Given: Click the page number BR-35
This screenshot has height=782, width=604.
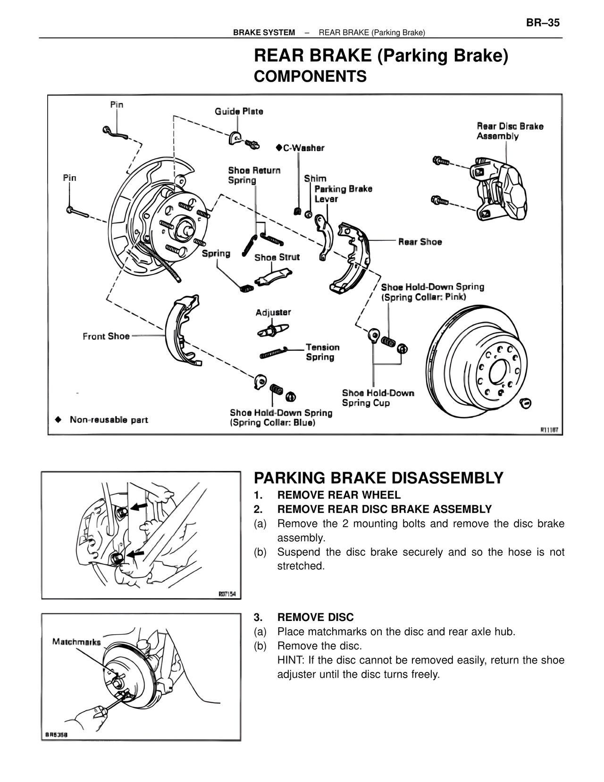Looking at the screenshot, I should [543, 23].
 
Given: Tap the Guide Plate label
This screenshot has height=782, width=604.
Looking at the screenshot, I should [239, 111].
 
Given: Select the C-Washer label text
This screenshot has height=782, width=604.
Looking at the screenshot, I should [303, 148].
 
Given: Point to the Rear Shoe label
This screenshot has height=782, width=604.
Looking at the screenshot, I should [420, 242].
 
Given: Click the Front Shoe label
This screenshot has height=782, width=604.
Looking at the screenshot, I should [106, 336].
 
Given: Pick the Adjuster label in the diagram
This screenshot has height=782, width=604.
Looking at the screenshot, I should [273, 312].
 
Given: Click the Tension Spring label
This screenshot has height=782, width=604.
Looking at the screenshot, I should [322, 352].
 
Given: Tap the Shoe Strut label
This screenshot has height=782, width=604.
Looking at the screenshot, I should [277, 257].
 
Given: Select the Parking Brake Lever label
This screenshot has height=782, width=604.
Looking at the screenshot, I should [343, 194].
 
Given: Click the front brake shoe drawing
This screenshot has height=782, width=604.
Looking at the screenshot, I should [182, 331].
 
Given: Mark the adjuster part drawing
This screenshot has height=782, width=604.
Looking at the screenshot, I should [273, 330].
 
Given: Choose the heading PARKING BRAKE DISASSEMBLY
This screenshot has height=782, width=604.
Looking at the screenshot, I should [378, 478].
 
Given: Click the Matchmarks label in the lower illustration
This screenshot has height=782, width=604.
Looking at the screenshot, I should [76, 642].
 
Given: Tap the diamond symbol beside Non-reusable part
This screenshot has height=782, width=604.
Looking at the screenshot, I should [58, 419].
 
